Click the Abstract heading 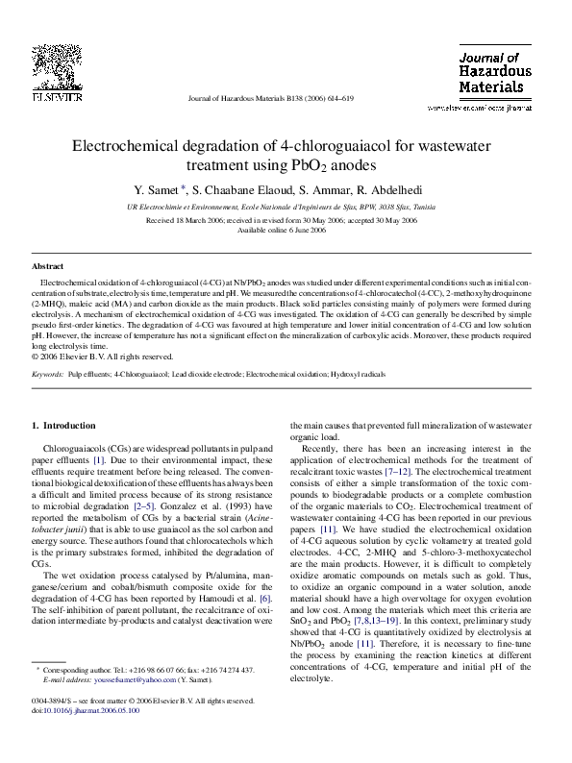[x=48, y=266]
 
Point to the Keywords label [x=48, y=370]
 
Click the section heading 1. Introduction [x=63, y=426]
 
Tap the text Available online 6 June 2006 [x=286, y=231]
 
